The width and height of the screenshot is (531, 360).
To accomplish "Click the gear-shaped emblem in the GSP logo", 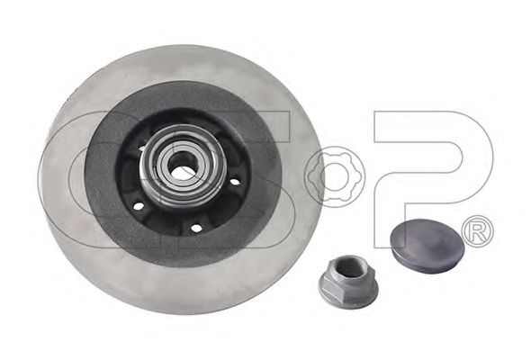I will (x=336, y=176).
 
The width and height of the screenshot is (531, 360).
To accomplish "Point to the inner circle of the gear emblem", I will (x=336, y=176).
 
